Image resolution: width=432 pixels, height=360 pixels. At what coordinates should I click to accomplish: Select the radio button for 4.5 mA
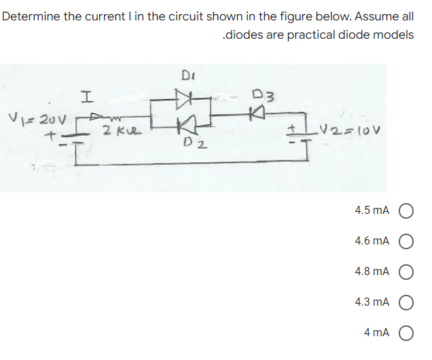click(408, 211)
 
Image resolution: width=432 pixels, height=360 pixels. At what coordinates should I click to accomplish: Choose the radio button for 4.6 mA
click(408, 241)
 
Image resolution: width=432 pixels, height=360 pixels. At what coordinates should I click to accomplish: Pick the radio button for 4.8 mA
click(408, 272)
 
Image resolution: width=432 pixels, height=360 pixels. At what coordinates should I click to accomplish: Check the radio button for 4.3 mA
click(408, 302)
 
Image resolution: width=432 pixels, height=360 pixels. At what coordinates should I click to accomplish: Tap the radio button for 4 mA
click(408, 333)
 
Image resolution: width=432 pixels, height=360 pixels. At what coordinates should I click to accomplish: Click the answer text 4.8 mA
click(372, 272)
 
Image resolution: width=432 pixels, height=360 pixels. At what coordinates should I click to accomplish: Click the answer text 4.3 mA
click(372, 302)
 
